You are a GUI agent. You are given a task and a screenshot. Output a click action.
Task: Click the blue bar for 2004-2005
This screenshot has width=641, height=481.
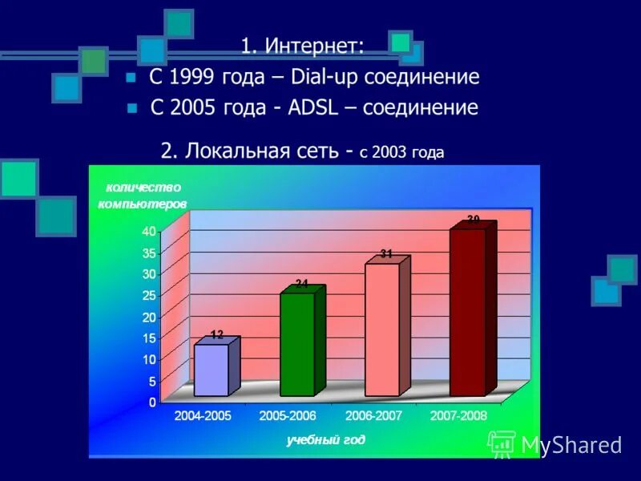pos(211,370)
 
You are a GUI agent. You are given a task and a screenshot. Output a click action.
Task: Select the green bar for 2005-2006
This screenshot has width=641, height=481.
pos(297,345)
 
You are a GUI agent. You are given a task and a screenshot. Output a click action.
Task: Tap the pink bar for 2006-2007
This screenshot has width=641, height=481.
pos(382,329)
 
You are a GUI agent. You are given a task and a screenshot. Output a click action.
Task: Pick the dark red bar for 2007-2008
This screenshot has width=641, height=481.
pos(467,312)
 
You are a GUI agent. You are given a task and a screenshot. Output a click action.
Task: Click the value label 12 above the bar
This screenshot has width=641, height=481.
pos(217,333)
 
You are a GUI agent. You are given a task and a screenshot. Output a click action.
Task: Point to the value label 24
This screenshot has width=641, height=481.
pos(301,283)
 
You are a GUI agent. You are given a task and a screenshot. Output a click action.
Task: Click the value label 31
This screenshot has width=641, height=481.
pos(386,253)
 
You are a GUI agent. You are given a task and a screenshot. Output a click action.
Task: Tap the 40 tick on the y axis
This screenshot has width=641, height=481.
pos(149,231)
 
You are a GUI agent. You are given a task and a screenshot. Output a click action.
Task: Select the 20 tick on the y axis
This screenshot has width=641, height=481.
pos(149,317)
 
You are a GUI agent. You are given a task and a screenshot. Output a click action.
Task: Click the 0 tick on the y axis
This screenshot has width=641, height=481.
pos(152,402)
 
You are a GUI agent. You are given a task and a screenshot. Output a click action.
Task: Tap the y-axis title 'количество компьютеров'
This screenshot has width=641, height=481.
pos(142,196)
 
